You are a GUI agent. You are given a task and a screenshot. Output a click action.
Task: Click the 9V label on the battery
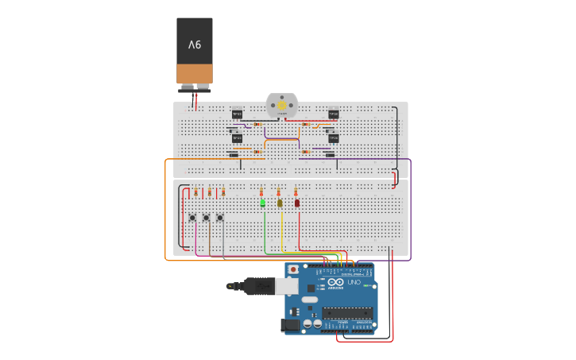point(195,45)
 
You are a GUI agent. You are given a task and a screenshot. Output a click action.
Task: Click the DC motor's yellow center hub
point(282,105)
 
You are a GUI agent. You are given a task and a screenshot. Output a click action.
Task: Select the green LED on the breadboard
point(262,203)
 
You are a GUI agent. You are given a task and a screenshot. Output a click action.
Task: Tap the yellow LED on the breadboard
point(280,203)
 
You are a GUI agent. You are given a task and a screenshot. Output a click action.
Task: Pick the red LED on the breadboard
point(297,203)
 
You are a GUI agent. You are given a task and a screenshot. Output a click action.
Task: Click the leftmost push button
point(192,218)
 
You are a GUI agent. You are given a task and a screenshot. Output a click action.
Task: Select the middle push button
point(207,218)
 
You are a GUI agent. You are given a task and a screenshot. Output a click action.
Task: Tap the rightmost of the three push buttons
point(220,218)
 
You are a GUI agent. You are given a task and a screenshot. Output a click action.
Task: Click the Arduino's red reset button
point(293,269)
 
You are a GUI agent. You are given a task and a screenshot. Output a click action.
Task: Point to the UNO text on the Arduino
point(354,283)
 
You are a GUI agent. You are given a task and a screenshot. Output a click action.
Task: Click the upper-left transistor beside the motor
point(237,114)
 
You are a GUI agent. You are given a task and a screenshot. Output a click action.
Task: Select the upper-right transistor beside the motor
point(334,114)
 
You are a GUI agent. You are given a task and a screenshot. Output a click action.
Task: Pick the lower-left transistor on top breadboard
point(237,138)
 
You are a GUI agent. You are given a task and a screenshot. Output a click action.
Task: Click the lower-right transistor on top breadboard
point(334,138)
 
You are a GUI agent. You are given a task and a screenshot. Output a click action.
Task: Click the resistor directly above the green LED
point(261,192)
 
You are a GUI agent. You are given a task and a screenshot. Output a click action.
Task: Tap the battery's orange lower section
point(195,74)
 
